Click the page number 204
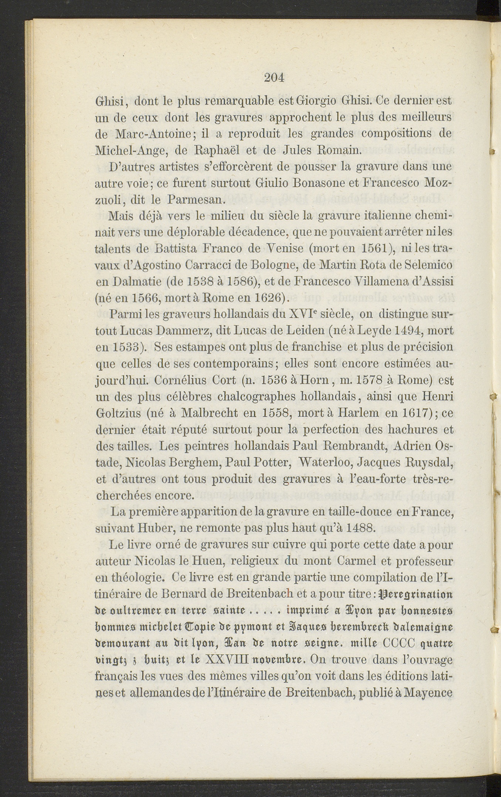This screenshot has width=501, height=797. tap(274, 78)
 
